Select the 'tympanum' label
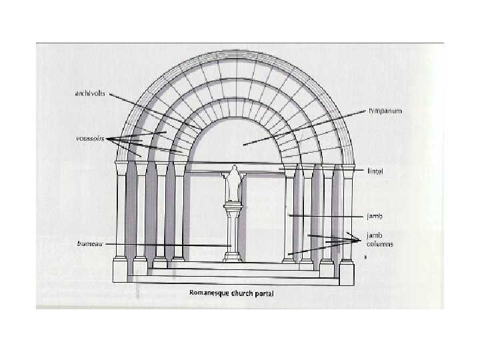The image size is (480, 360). click(x=385, y=110)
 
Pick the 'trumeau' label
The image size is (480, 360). click(x=89, y=244)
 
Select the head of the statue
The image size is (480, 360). click(x=234, y=171)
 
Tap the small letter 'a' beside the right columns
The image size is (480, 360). click(x=365, y=256)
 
